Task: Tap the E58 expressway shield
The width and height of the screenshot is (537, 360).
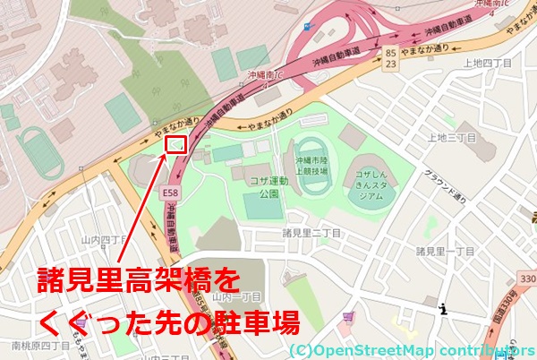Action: (x=170, y=192)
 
